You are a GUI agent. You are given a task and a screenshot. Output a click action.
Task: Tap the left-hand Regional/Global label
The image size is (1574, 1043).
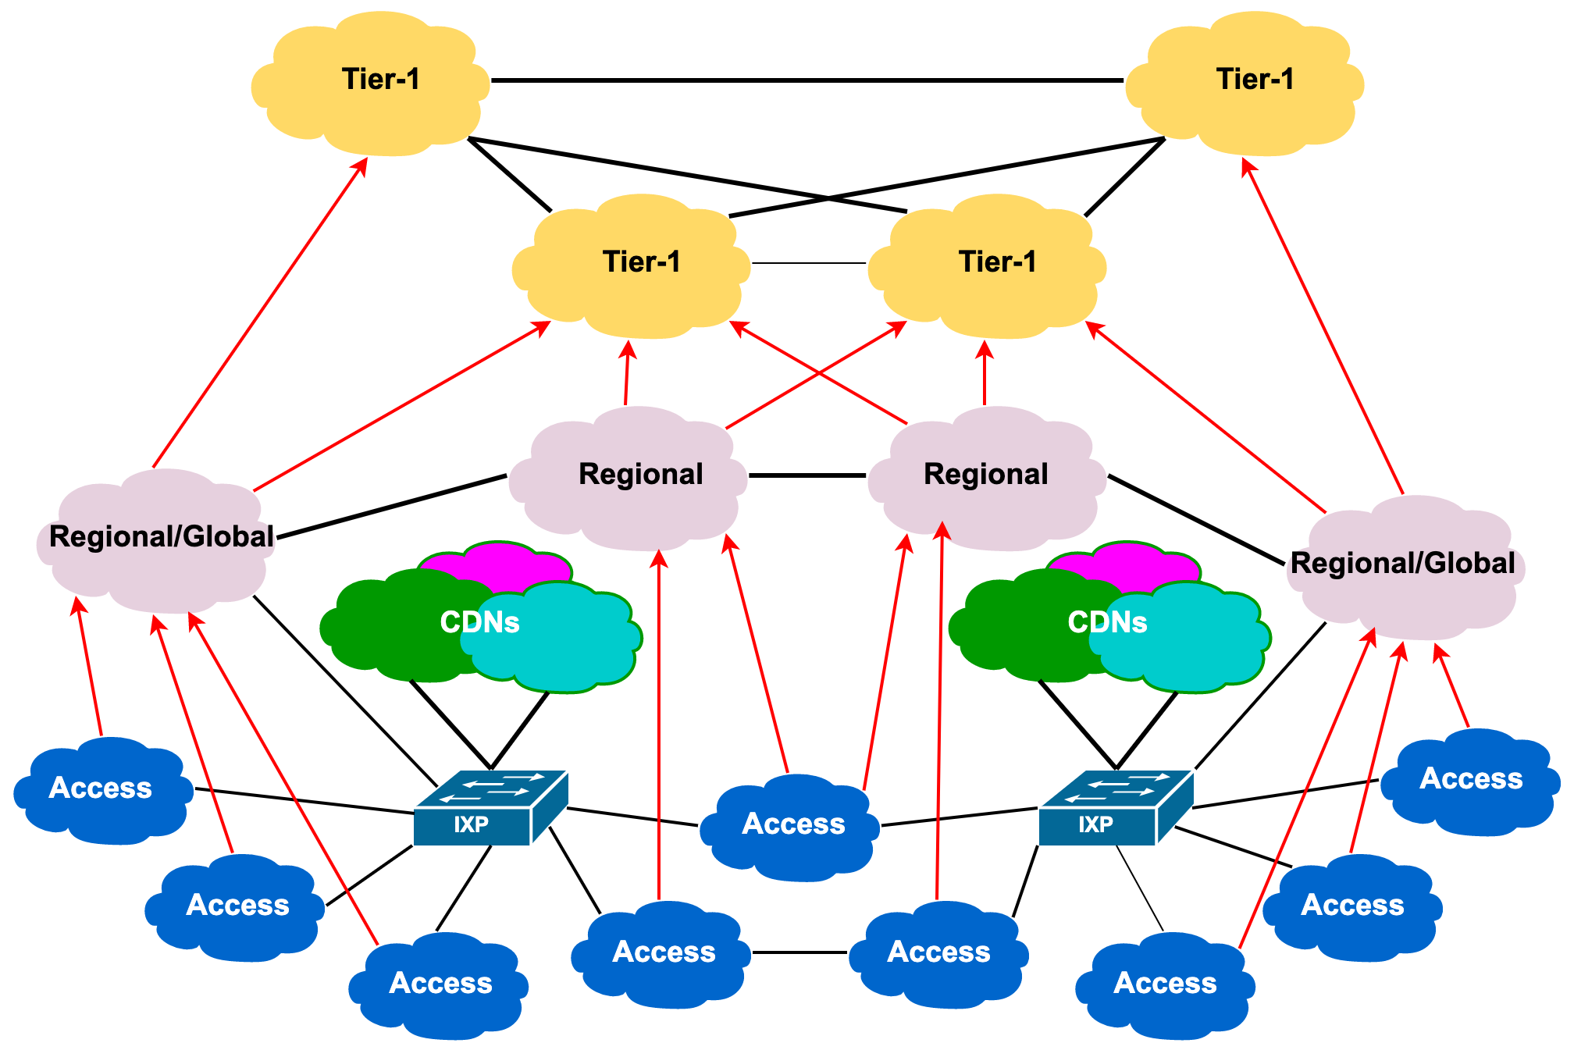pyautogui.click(x=162, y=537)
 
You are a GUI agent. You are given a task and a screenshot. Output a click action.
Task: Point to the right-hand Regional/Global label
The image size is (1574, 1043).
pyautogui.click(x=1402, y=564)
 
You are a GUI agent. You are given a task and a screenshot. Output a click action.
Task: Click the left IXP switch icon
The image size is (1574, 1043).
pyautogui.click(x=490, y=808)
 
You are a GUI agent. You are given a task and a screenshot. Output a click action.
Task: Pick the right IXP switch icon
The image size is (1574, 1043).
pyautogui.click(x=1116, y=808)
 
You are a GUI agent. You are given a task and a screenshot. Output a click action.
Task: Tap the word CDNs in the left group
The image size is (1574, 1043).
pyautogui.click(x=479, y=622)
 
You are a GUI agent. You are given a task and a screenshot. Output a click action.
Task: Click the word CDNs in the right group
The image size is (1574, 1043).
pyautogui.click(x=1107, y=622)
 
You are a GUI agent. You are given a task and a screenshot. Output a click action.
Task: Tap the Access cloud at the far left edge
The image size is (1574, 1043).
pyautogui.click(x=101, y=790)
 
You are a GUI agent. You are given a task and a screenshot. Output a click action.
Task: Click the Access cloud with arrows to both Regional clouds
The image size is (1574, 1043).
pyautogui.click(x=790, y=826)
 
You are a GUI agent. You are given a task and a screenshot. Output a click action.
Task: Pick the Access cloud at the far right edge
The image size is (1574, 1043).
pyautogui.click(x=1471, y=781)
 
